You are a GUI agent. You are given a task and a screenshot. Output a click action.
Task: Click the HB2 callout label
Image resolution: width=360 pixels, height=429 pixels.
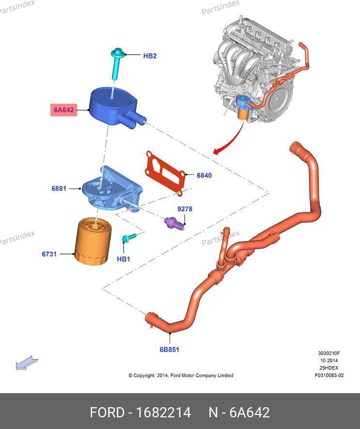point(150,56)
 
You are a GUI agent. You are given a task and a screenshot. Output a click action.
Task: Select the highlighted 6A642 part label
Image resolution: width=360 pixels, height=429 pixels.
point(63,110)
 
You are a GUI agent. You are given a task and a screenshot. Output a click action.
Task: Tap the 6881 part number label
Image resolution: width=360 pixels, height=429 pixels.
point(59,188)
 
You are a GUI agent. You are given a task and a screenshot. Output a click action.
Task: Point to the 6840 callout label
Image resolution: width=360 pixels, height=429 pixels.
point(204,175)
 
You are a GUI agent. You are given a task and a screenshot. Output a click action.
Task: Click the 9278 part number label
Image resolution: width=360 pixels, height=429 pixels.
point(185,209)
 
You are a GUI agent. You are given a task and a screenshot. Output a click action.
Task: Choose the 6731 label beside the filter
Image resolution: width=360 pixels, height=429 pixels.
point(49,254)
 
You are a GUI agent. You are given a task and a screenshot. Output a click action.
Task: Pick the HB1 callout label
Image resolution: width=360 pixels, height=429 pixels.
point(124,259)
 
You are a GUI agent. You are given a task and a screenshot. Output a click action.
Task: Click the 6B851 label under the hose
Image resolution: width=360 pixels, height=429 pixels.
point(169,349)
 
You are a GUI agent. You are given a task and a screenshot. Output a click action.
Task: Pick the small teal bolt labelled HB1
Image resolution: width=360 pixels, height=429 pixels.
point(128,237)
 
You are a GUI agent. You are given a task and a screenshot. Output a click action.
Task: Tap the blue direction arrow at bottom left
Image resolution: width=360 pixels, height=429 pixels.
point(27,363)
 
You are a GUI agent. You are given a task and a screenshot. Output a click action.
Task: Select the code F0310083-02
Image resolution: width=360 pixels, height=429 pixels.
point(329,375)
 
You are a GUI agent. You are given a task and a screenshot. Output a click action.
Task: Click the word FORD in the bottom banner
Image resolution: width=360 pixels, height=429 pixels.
point(106,413)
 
